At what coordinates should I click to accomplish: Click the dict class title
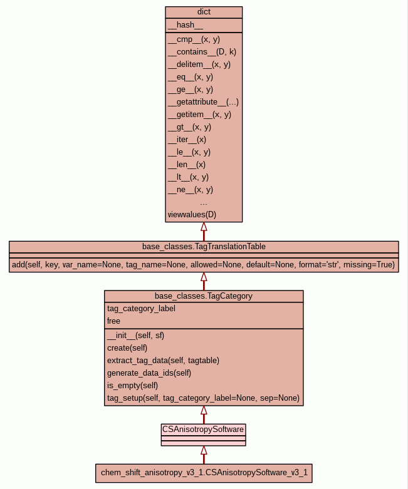coord(204,12)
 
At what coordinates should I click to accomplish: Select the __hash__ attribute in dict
coord(186,25)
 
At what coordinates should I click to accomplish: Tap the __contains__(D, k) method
coord(202,52)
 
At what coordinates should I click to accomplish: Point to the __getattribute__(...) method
coord(203,102)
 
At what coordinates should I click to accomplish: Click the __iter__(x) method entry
coord(187,140)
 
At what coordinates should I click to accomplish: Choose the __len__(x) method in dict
coord(187,165)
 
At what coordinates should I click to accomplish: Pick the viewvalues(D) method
coord(192,215)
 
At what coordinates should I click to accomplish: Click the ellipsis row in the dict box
coord(204,202)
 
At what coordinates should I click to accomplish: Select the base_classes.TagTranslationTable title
coord(204,246)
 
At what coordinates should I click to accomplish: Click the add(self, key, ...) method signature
coord(204,265)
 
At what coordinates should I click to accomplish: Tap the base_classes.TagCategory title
coord(204,296)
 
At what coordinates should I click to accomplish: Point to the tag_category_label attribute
coord(141,308)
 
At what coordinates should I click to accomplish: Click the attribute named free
coord(113,321)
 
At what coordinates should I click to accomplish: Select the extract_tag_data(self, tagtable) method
coord(163,360)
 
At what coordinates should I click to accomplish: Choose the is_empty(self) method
coord(132,385)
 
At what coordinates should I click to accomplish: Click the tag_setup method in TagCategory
coord(203,398)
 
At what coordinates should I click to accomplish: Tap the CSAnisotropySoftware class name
coord(203,429)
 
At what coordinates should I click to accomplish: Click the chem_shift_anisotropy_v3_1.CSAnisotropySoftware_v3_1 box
coord(204,473)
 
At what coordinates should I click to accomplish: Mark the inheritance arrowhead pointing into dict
coord(204,227)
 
